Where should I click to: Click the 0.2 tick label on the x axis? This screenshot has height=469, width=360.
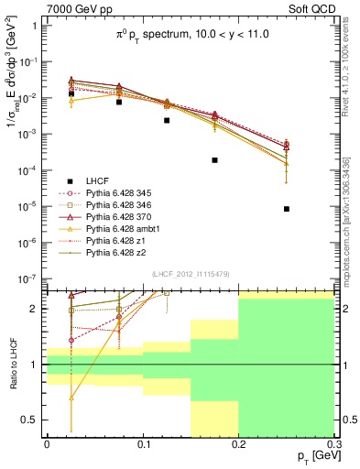click(238, 443)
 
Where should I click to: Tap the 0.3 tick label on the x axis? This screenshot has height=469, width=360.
click(333, 443)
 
